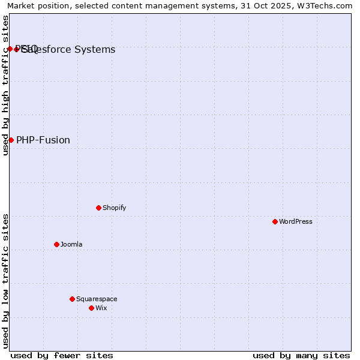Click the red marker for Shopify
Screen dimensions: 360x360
[98, 208]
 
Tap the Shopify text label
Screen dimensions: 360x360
[114, 208]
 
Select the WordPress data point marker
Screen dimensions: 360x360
[275, 221]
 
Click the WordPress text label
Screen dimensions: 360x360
[295, 221]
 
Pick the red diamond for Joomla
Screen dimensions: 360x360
[56, 244]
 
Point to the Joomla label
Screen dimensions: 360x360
[71, 244]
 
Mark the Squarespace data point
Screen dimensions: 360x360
[72, 299]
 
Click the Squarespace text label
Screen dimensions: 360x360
[97, 299]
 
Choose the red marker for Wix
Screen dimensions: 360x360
[91, 308]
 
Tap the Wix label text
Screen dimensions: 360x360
[101, 308]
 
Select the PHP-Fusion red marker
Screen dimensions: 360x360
[11, 140]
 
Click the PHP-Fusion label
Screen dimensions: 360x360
[43, 140]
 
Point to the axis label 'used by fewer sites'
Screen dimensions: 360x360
[62, 355]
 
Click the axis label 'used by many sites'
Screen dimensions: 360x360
[301, 355]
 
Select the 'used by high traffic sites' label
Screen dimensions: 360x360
[5, 85]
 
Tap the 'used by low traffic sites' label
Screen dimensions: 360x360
[5, 281]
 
